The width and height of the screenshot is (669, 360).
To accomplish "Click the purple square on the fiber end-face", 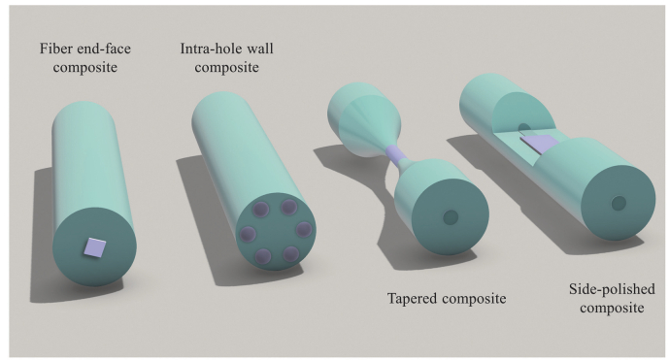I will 94,248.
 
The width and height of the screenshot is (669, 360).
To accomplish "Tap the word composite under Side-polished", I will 607,309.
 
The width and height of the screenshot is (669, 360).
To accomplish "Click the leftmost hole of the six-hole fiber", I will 247,233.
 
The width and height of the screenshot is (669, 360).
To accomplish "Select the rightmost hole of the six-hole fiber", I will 304,230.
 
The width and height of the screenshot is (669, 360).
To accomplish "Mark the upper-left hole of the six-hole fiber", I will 260,210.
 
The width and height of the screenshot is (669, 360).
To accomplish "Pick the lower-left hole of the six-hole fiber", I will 262,255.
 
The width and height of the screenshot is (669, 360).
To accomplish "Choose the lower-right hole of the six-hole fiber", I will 291,253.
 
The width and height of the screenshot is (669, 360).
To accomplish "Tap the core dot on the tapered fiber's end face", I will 449,218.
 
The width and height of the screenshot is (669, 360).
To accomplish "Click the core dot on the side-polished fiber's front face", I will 618,203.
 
